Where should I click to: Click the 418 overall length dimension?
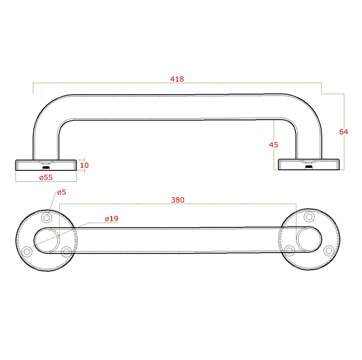pyautogui.click(x=177, y=79)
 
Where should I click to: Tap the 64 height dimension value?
pyautogui.click(x=343, y=132)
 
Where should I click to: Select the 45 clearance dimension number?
pyautogui.click(x=274, y=144)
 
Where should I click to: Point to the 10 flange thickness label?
pyautogui.click(x=84, y=165)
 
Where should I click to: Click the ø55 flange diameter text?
pyautogui.click(x=46, y=178)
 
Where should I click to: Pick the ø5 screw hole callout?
pyautogui.click(x=62, y=192)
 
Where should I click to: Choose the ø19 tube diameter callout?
pyautogui.click(x=111, y=219)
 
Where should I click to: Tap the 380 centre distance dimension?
pyautogui.click(x=177, y=200)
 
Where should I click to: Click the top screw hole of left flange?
pyautogui.click(x=47, y=217)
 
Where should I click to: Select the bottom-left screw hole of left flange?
pyautogui.click(x=27, y=251)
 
